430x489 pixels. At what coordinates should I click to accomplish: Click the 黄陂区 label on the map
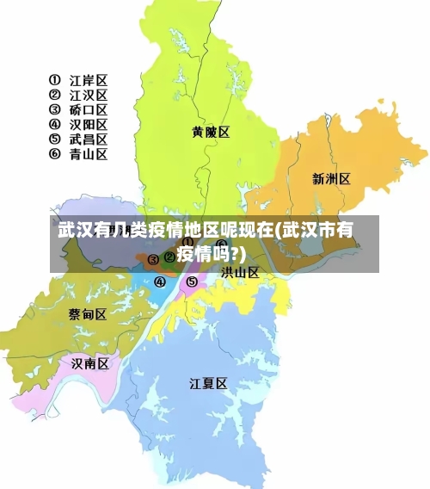tap(211, 132)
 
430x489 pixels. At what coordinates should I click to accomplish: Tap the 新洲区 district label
tap(331, 179)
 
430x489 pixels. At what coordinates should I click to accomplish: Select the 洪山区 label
tap(240, 272)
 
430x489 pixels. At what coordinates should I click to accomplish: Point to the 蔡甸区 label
tap(88, 314)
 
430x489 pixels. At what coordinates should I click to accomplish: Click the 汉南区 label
tap(90, 363)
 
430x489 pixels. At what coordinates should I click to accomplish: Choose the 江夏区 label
tap(208, 384)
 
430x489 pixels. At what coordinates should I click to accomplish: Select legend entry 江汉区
tap(89, 96)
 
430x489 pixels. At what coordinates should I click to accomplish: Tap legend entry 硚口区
tap(89, 110)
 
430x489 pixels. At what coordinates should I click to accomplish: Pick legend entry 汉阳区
tap(89, 125)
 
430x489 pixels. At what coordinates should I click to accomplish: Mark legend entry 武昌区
tap(89, 139)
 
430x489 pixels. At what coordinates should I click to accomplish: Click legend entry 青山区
tap(89, 154)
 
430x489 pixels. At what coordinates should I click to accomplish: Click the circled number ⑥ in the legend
tap(55, 154)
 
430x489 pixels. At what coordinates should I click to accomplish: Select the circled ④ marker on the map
tap(160, 282)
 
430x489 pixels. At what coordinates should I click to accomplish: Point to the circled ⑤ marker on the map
tap(192, 282)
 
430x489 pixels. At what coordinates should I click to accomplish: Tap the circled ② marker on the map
tap(169, 257)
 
